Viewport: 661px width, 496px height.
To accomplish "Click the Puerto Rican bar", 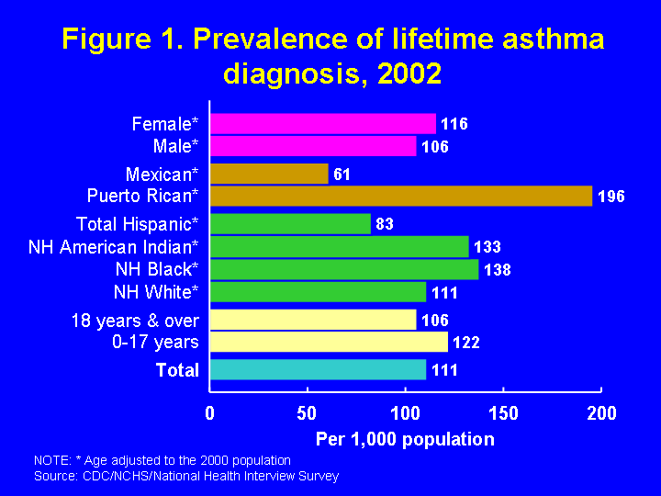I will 401,196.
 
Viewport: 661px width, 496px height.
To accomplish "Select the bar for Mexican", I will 269,174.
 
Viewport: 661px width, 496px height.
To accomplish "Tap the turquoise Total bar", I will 318,369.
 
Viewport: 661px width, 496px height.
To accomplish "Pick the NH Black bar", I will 344,269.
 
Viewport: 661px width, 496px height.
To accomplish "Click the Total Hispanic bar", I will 290,223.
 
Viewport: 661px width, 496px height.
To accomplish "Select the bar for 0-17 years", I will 329,342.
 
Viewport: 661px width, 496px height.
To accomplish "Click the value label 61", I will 342,175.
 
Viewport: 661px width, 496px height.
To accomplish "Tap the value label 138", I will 497,270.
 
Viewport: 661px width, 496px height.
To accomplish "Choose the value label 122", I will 465,343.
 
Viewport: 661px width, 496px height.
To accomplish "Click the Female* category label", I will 165,123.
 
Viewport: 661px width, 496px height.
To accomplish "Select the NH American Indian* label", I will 114,246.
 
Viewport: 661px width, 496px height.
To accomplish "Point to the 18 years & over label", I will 135,321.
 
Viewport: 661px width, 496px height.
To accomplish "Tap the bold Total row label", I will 177,370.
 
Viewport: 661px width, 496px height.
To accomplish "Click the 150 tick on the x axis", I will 503,413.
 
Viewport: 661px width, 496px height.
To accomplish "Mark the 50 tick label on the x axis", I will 308,413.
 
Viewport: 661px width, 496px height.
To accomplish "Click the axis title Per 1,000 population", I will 405,439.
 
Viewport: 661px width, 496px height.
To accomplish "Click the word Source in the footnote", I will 53,476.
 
